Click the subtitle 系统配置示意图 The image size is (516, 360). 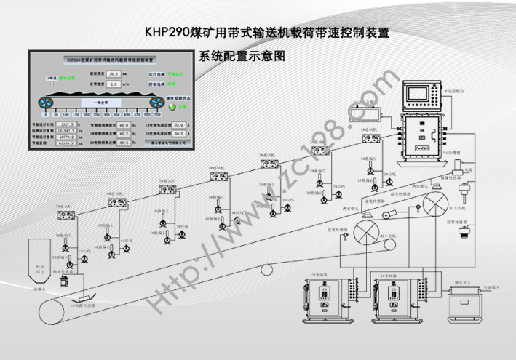[240, 55]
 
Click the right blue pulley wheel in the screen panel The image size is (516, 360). [156, 103]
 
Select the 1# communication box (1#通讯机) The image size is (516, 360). [368, 137]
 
